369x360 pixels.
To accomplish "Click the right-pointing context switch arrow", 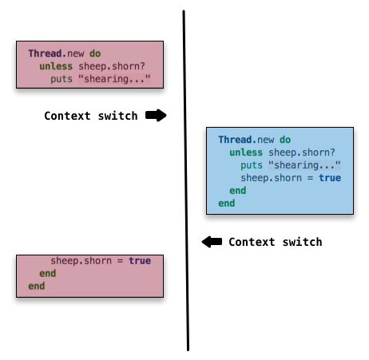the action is [x=156, y=116].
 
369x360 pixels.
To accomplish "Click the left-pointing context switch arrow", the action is [x=212, y=242].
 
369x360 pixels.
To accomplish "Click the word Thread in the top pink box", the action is [x=45, y=53].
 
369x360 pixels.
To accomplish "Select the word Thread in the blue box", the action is [x=235, y=140].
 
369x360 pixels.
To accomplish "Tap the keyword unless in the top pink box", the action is [x=56, y=66].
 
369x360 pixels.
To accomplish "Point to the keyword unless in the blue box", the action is [x=246, y=152].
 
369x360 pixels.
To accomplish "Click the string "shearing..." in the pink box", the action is [x=114, y=79].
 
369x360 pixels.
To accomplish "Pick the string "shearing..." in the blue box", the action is [x=304, y=165].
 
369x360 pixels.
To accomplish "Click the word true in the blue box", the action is [x=330, y=178].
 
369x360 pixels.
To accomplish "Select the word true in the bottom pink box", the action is [x=140, y=261].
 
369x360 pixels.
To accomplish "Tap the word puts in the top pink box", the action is [x=61, y=79].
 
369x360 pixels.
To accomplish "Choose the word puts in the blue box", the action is [x=252, y=165].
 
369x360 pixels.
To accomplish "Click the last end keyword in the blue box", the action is [x=227, y=204].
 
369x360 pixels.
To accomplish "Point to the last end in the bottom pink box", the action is [x=37, y=287].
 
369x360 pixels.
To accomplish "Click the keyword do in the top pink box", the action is [x=95, y=53].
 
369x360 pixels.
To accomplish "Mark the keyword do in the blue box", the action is [x=285, y=140].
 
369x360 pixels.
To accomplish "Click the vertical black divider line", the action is [x=186, y=180].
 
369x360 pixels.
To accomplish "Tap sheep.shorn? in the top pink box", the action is [x=112, y=66].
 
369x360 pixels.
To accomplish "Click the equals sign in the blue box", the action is [x=310, y=178].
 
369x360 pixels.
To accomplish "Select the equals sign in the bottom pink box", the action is [x=120, y=261].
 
